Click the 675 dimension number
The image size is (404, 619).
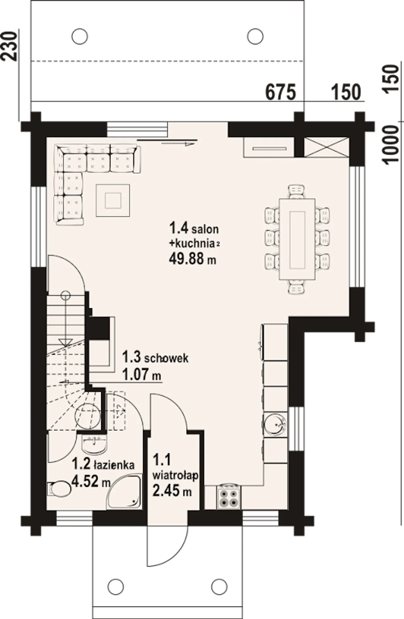pyautogui.click(x=281, y=92)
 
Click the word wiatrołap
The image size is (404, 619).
pyautogui.click(x=175, y=475)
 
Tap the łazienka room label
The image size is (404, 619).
pyautogui.click(x=114, y=464)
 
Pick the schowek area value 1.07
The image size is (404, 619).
pyautogui.click(x=135, y=374)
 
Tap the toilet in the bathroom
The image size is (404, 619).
pyautogui.click(x=59, y=489)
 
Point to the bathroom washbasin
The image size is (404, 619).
pyautogui.click(x=94, y=444)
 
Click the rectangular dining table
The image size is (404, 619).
pyautogui.click(x=297, y=239)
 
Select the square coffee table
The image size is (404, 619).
pyautogui.click(x=113, y=200)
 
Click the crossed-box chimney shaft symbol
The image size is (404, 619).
pyautogui.click(x=326, y=147)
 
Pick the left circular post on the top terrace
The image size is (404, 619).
pyautogui.click(x=80, y=36)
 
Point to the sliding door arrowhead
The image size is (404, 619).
pyautogui.click(x=189, y=144)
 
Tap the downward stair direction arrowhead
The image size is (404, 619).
pyautogui.click(x=65, y=342)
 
